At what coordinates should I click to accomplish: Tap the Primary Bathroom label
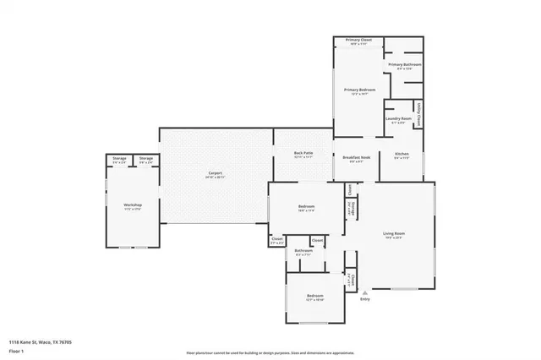pos(404,64)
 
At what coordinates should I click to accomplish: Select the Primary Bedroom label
pos(358,89)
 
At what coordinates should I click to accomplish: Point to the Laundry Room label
pos(398,118)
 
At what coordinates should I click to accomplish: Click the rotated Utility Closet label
pos(419,115)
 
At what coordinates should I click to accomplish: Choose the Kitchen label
pos(402,154)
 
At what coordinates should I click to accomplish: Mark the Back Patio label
pos(303,154)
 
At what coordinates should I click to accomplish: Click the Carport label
pos(215,173)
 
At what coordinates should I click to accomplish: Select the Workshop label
pos(132,205)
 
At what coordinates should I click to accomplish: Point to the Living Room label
pos(394,233)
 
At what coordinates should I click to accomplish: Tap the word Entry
pos(365,299)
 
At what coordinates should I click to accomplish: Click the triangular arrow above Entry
pos(365,292)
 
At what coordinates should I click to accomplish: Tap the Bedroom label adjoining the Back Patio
pos(306,207)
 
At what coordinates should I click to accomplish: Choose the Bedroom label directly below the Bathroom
pos(314,295)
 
